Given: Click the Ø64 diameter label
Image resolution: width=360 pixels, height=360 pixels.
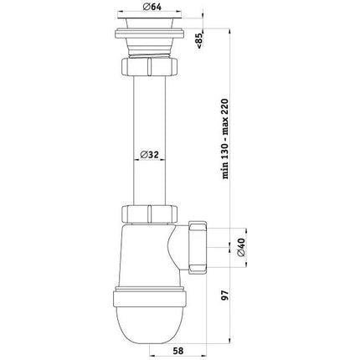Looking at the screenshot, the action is (x=152, y=7).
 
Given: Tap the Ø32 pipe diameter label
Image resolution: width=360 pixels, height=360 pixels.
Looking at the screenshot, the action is (x=149, y=154).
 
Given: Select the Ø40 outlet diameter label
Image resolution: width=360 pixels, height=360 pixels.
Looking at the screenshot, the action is (x=240, y=247).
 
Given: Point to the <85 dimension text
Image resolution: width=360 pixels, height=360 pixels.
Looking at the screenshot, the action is (x=200, y=41).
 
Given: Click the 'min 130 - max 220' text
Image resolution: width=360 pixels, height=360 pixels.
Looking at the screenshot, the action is (x=225, y=139).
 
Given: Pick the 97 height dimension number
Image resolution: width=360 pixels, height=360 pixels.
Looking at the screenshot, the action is (x=225, y=295).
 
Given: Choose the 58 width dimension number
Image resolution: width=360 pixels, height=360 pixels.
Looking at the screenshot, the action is (x=177, y=351).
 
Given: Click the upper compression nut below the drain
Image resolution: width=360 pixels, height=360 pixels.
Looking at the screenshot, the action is (x=150, y=66).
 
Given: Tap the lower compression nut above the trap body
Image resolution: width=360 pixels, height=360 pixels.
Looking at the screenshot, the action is (x=150, y=214).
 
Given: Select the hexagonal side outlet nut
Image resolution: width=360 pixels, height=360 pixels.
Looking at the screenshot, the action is (x=198, y=247).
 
